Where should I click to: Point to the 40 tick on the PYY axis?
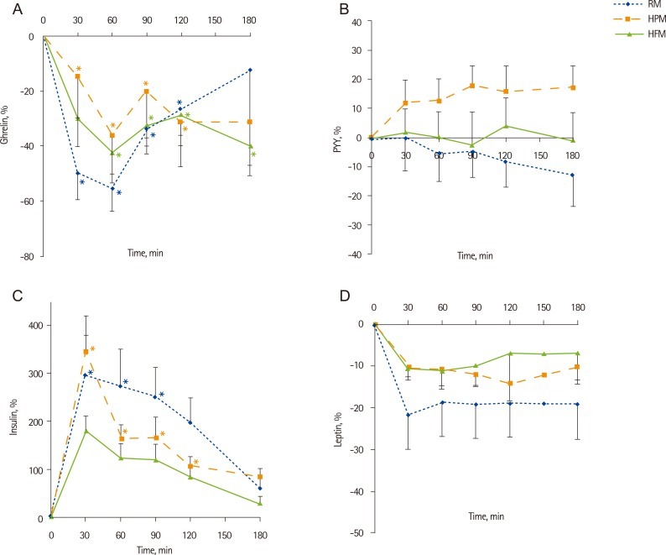pos(355,22)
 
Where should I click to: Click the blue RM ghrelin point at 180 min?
pos(250,70)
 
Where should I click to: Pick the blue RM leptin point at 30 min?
pos(408,415)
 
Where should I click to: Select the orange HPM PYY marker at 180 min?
pos(573,87)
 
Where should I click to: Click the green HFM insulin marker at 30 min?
pos(86,431)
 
